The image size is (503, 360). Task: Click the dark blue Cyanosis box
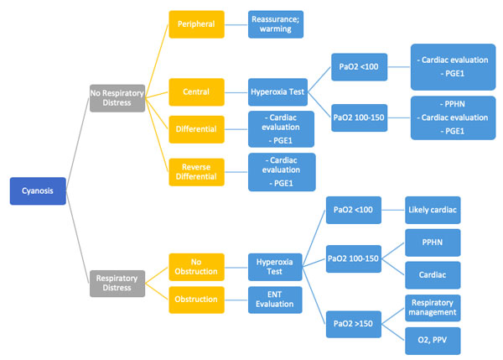coord(37,191)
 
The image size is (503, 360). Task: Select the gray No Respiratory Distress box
coord(117,97)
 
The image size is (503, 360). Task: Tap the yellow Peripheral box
coord(197,24)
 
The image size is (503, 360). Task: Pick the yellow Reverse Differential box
coord(197,172)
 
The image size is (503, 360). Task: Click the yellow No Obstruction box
coord(197,267)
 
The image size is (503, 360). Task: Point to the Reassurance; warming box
coord(275,24)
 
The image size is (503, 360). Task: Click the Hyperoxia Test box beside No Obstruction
coord(275,267)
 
